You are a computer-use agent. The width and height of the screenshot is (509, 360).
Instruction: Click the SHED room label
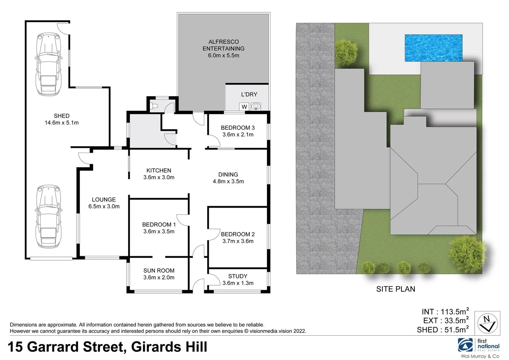(62, 116)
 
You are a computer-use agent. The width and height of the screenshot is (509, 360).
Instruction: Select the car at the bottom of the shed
(49, 217)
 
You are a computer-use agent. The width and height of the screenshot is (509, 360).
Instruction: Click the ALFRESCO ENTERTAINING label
(223, 45)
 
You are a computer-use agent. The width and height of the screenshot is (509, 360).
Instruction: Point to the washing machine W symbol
(244, 107)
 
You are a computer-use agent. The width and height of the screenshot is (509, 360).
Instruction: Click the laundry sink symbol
(256, 107)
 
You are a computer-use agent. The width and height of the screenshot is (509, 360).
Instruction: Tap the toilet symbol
(154, 106)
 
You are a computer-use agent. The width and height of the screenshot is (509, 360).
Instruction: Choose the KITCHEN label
(159, 170)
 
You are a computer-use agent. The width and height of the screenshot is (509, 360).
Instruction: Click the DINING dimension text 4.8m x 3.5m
(228, 181)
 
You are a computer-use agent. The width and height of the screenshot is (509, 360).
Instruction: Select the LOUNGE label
(104, 200)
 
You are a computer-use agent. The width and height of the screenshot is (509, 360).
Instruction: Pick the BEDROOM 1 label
(159, 225)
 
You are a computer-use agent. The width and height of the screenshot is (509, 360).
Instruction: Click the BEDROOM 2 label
(238, 234)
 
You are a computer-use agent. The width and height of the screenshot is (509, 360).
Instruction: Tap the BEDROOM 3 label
(238, 128)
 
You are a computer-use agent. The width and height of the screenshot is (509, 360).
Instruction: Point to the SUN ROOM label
(159, 271)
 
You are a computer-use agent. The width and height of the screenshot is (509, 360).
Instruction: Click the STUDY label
(238, 276)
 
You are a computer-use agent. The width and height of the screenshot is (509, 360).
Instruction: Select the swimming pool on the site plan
(433, 48)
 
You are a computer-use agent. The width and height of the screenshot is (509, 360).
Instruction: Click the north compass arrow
(487, 323)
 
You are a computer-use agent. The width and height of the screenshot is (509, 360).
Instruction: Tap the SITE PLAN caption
(396, 289)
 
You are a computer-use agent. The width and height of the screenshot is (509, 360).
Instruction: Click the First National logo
(479, 345)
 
